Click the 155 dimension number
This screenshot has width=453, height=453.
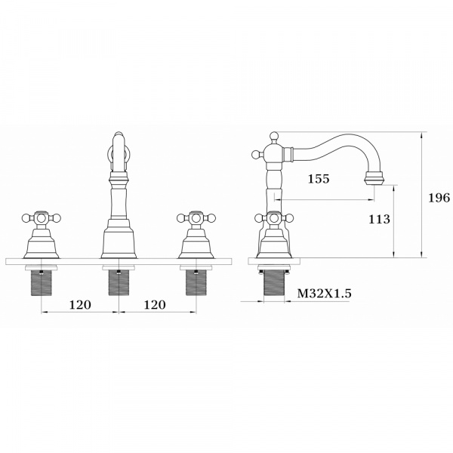(x=319, y=179)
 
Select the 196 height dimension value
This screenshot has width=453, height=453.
(x=439, y=198)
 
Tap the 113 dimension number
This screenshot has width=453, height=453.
(x=379, y=219)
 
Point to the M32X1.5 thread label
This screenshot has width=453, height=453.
(x=325, y=294)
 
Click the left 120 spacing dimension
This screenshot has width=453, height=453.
(x=80, y=304)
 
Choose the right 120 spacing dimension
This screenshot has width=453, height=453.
(x=155, y=304)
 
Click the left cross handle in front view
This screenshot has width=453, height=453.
(x=42, y=218)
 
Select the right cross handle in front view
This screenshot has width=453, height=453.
(x=196, y=218)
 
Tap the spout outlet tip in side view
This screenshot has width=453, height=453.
(x=374, y=178)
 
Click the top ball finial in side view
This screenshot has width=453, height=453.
(x=274, y=136)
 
